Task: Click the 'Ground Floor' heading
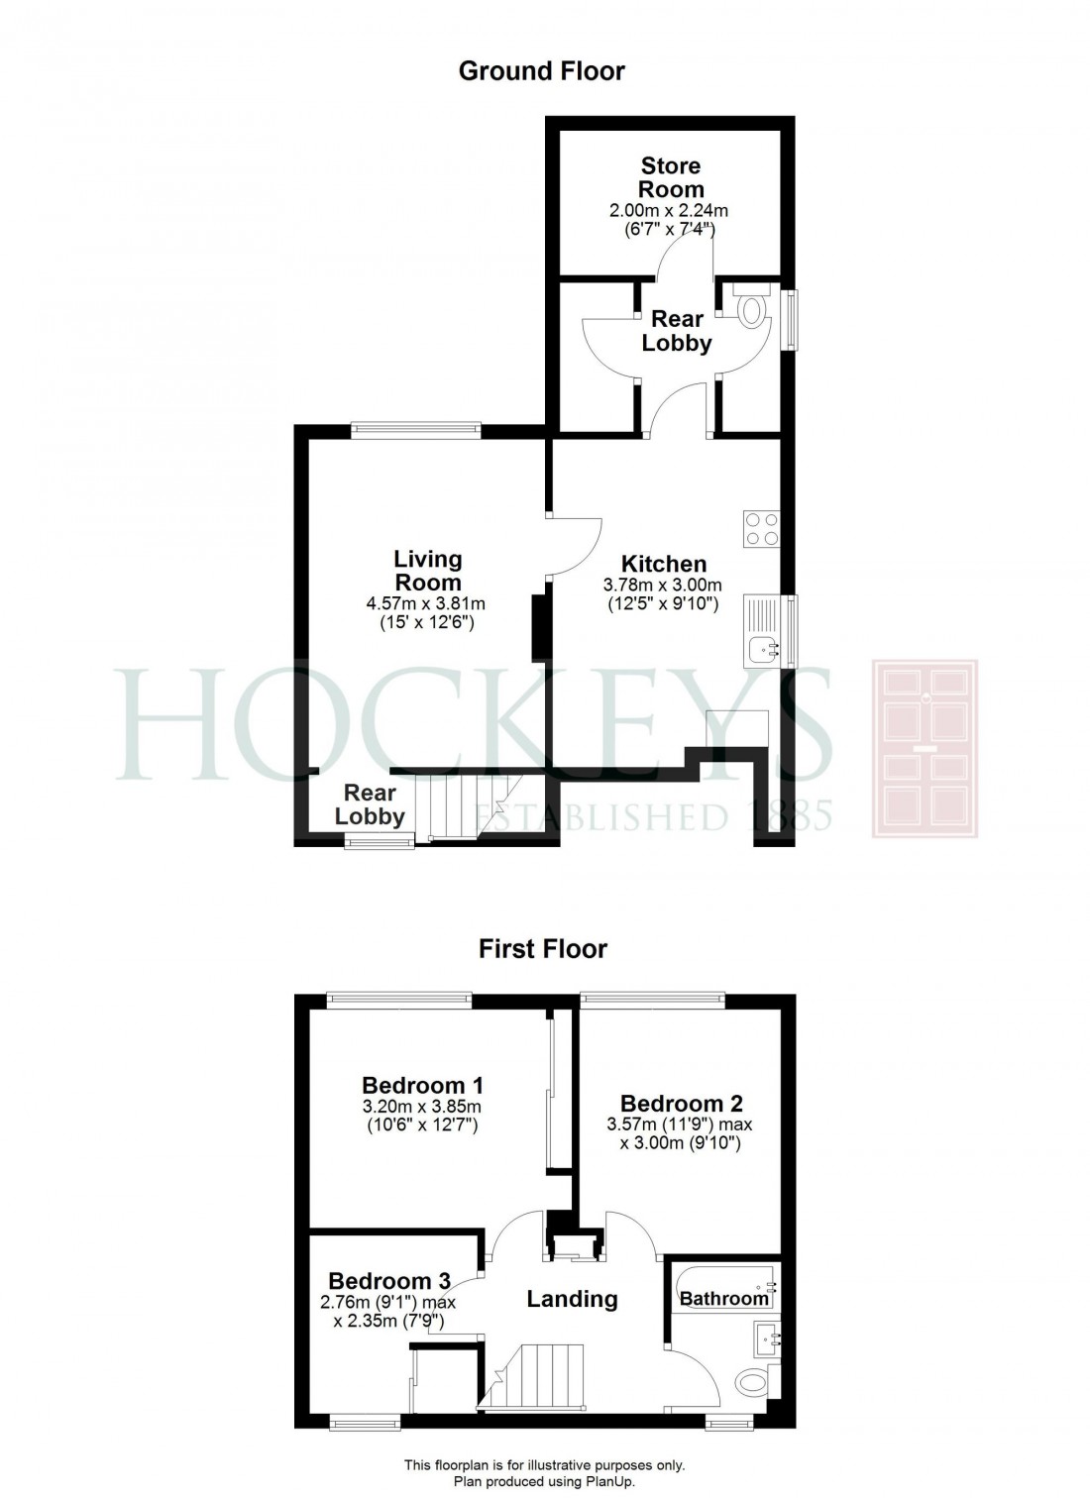542,71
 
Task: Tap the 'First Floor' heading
543,948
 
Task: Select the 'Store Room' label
671,177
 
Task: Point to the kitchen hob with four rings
761,528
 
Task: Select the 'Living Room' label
427,571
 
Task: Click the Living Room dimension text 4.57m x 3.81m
426,603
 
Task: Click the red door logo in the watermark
925,748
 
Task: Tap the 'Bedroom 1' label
422,1085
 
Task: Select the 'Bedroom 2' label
681,1104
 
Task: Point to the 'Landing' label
572,1299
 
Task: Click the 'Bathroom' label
724,1298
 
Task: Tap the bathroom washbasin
767,1337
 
